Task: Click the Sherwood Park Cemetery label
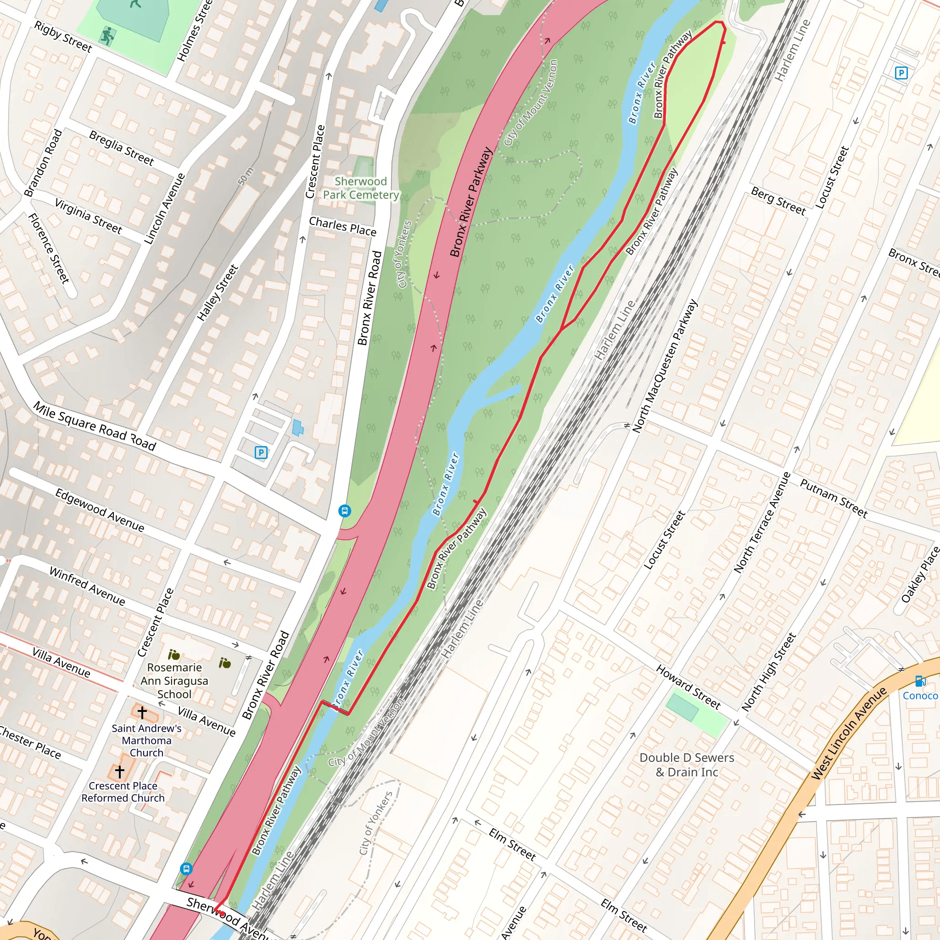click(360, 188)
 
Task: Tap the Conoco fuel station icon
click(919, 681)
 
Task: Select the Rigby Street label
click(63, 37)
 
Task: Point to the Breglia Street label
click(121, 148)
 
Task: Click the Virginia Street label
click(88, 216)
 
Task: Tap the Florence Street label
click(49, 248)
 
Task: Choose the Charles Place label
click(342, 227)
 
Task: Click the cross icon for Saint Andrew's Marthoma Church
click(142, 713)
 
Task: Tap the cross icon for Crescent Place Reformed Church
click(120, 771)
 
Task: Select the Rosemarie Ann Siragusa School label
click(174, 681)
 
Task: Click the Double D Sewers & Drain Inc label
click(687, 765)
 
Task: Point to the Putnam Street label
click(834, 498)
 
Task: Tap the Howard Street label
click(688, 687)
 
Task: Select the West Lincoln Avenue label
click(849, 734)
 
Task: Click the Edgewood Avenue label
click(99, 510)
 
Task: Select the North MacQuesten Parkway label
click(665, 366)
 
